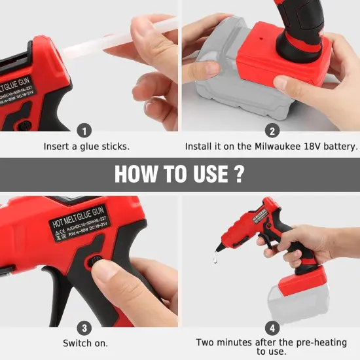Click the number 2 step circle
click(x=271, y=130)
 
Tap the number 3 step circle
click(x=85, y=327)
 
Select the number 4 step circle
click(x=271, y=327)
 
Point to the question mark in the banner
click(x=240, y=174)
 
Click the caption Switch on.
click(x=85, y=343)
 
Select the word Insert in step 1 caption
click(x=56, y=147)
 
